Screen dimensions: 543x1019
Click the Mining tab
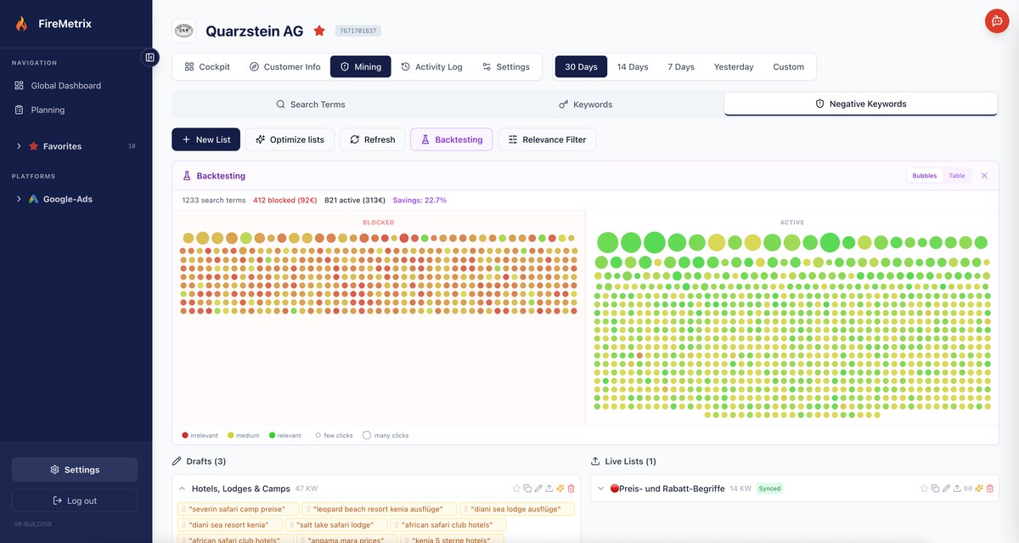pyautogui.click(x=360, y=67)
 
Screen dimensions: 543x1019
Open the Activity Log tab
pyautogui.click(x=431, y=67)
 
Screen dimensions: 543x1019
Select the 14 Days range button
pyautogui.click(x=632, y=67)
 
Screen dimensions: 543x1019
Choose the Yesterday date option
pyautogui.click(x=733, y=67)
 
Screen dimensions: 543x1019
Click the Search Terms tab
pyautogui.click(x=310, y=105)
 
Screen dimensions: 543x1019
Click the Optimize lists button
pyautogui.click(x=290, y=139)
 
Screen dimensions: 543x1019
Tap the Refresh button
pyautogui.click(x=372, y=139)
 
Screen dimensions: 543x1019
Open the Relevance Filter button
pyautogui.click(x=547, y=139)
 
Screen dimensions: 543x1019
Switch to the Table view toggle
pyautogui.click(x=956, y=176)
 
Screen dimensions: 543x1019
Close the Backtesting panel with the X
pyautogui.click(x=984, y=176)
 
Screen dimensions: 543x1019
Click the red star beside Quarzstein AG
pyautogui.click(x=319, y=31)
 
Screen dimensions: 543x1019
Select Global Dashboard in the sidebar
pyautogui.click(x=65, y=86)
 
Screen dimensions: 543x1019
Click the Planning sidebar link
pyautogui.click(x=48, y=110)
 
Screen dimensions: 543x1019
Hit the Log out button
pyautogui.click(x=75, y=501)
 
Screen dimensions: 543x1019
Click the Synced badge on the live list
pyautogui.click(x=769, y=489)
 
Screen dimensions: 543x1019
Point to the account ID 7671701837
pyautogui.click(x=357, y=31)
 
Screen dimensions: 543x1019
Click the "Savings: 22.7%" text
pyautogui.click(x=419, y=201)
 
